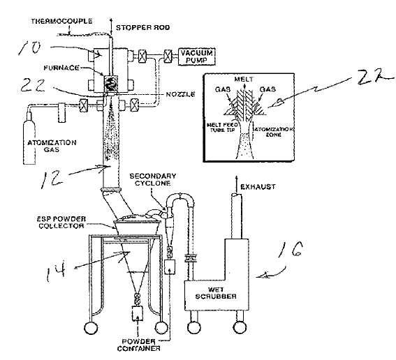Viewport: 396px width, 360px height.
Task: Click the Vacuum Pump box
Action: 197,57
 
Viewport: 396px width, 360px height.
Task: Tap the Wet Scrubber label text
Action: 216,293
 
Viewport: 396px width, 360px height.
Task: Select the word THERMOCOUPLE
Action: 61,21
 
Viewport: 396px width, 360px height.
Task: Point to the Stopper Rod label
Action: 142,27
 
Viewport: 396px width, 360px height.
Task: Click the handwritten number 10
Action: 29,48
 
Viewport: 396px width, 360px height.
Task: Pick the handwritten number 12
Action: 52,179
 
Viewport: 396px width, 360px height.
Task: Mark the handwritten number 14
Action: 56,271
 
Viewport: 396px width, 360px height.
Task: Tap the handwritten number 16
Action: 291,249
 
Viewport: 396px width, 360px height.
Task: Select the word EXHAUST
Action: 258,187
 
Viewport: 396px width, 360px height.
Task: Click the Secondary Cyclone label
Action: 153,179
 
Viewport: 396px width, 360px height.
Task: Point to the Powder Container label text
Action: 138,345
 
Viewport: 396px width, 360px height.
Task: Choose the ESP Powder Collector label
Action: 61,223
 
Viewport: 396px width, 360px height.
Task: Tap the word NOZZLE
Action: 180,94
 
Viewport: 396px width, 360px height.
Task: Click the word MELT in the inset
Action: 244,80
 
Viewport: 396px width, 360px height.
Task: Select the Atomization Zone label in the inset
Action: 274,132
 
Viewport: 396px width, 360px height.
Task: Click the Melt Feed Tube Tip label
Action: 222,128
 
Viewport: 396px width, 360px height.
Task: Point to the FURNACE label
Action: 61,68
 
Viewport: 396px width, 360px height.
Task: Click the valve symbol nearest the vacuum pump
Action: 168,56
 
